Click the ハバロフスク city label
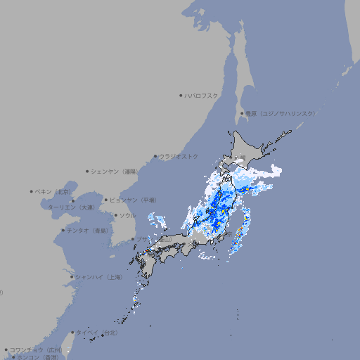[202, 95]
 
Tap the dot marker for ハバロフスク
[181, 95]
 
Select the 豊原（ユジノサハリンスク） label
[280, 113]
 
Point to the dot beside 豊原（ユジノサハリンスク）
[242, 113]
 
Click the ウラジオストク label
[179, 156]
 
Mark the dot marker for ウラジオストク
[155, 156]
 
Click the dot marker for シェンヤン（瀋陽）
[88, 171]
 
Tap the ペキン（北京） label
[55, 191]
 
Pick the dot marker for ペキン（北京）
[32, 191]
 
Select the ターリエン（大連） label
[71, 207]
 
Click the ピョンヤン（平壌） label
[134, 200]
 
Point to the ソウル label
[127, 216]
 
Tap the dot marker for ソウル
[115, 216]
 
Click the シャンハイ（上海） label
[98, 277]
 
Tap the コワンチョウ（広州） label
[35, 349]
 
